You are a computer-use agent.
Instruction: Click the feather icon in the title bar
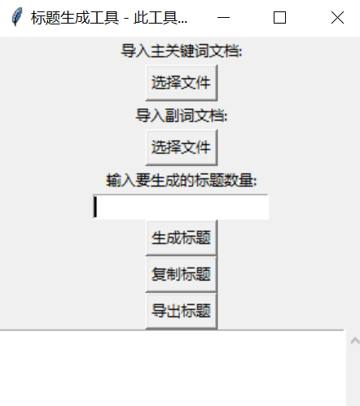[x=17, y=17]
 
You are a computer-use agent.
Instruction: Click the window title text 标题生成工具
[x=75, y=18]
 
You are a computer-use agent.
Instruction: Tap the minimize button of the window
[x=223, y=18]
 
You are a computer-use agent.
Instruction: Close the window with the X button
[x=337, y=18]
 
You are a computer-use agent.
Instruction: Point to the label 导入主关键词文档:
[x=182, y=50]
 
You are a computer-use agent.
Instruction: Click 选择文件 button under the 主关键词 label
[x=182, y=83]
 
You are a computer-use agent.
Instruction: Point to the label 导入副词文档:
[x=182, y=116]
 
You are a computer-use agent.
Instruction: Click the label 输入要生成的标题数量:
[x=182, y=181]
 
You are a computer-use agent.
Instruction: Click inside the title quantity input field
[x=182, y=207]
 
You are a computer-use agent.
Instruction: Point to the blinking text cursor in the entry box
[x=95, y=207]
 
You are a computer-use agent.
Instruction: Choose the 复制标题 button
[x=182, y=274]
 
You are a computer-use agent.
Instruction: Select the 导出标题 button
[x=182, y=311]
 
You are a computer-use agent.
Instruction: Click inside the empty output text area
[x=173, y=369]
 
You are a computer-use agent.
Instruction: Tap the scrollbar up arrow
[x=354, y=341]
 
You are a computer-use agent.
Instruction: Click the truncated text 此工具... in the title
[x=160, y=18]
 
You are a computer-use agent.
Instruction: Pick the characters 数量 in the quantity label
[x=239, y=181]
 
